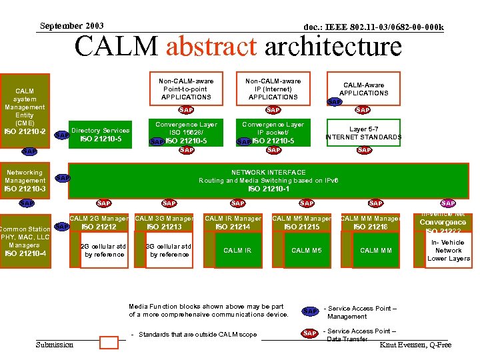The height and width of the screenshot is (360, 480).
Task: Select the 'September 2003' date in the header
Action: pos(71,26)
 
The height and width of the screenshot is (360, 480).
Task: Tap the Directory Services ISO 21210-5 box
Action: pos(100,135)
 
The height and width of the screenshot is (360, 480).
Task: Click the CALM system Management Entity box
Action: pos(25,110)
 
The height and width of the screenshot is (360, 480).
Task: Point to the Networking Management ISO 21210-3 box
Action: pos(25,180)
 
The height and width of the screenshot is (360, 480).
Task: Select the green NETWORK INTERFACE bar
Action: pos(269,180)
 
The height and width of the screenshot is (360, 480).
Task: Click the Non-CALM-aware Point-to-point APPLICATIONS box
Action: pos(186,89)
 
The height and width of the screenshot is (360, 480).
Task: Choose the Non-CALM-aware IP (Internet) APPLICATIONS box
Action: pos(273,89)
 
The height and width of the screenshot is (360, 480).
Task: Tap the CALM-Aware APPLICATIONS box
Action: pos(363,89)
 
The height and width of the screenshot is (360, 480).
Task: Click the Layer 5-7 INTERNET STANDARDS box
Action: pos(363,133)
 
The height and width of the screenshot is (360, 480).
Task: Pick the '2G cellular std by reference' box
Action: pos(104,250)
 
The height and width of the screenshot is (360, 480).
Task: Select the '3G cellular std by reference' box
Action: pos(169,250)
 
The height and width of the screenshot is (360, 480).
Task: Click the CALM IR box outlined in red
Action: pos(237,250)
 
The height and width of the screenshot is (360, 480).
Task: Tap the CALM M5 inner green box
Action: pos(306,250)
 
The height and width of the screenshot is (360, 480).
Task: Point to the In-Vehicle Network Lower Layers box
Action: pos(448,250)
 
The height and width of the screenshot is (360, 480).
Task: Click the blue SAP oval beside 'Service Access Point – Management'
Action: pos(310,311)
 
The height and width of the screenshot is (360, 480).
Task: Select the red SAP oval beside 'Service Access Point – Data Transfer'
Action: pos(310,333)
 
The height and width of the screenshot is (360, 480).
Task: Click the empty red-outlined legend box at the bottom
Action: pos(109,343)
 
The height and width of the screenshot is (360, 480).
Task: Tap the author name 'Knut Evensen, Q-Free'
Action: pos(415,345)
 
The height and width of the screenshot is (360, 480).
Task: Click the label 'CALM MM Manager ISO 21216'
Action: pos(370,223)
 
